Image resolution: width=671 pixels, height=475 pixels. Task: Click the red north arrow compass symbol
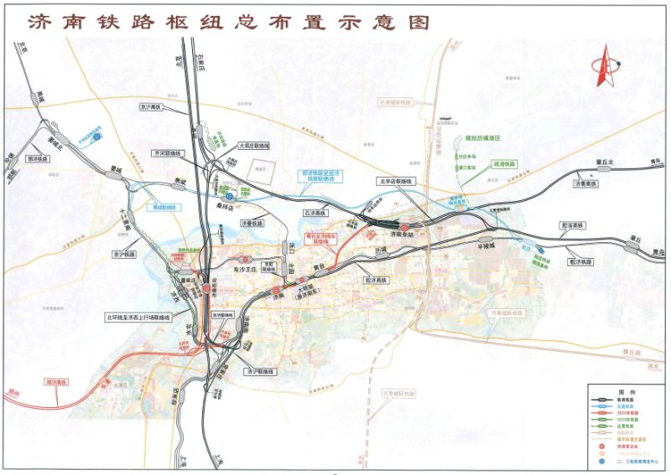click(604, 68)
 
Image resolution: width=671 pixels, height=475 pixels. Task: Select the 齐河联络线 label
click(165, 154)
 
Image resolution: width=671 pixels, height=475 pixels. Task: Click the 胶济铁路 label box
click(581, 262)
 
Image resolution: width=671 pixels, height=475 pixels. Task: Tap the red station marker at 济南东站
click(403, 228)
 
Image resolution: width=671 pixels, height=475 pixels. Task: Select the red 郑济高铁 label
click(60, 383)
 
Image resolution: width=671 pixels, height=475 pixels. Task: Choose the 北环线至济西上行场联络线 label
click(138, 318)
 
